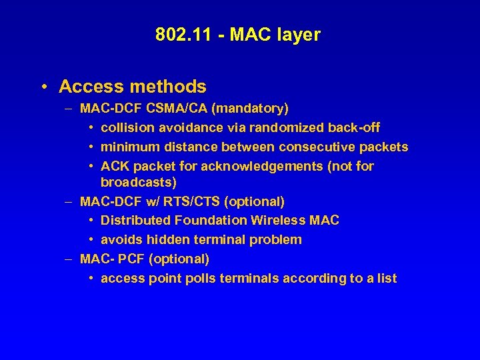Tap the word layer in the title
299,35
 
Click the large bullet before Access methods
43,87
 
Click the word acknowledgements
257,166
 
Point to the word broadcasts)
139,182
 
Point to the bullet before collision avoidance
91,127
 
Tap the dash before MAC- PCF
69,259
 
